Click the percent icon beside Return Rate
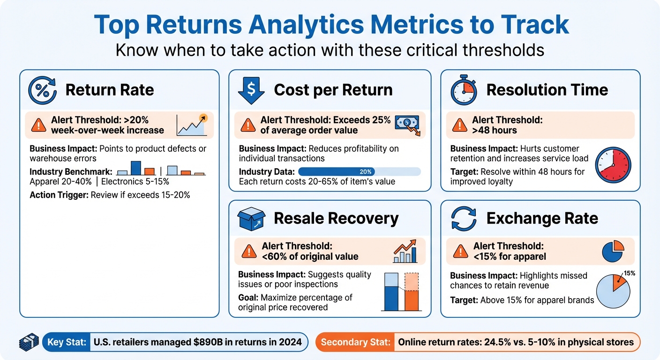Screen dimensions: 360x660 (42, 90)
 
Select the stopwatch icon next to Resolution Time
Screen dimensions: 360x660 (464, 90)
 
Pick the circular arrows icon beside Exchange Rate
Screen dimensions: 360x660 (464, 218)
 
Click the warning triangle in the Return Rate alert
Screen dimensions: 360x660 (37, 125)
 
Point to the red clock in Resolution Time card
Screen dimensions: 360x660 (613, 165)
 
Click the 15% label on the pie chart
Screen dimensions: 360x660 (629, 273)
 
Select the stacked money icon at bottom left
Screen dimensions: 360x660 (29, 342)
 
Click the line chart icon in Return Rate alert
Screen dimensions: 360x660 (192, 125)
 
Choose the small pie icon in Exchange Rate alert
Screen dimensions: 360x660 (613, 251)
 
